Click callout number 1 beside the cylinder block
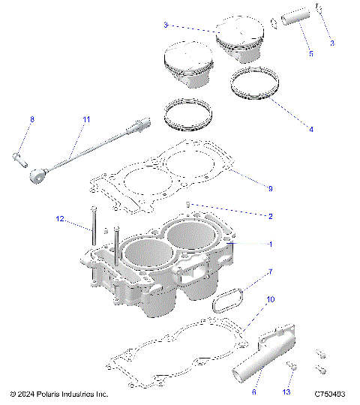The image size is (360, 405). coord(271,244)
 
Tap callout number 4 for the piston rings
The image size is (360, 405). coord(311,129)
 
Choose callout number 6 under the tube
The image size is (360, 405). coord(254,390)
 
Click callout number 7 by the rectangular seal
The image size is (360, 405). coord(271,271)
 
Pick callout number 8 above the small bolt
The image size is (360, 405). coord(32,119)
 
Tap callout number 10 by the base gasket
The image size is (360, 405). coord(271,299)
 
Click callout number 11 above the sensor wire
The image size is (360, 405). coord(86,119)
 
